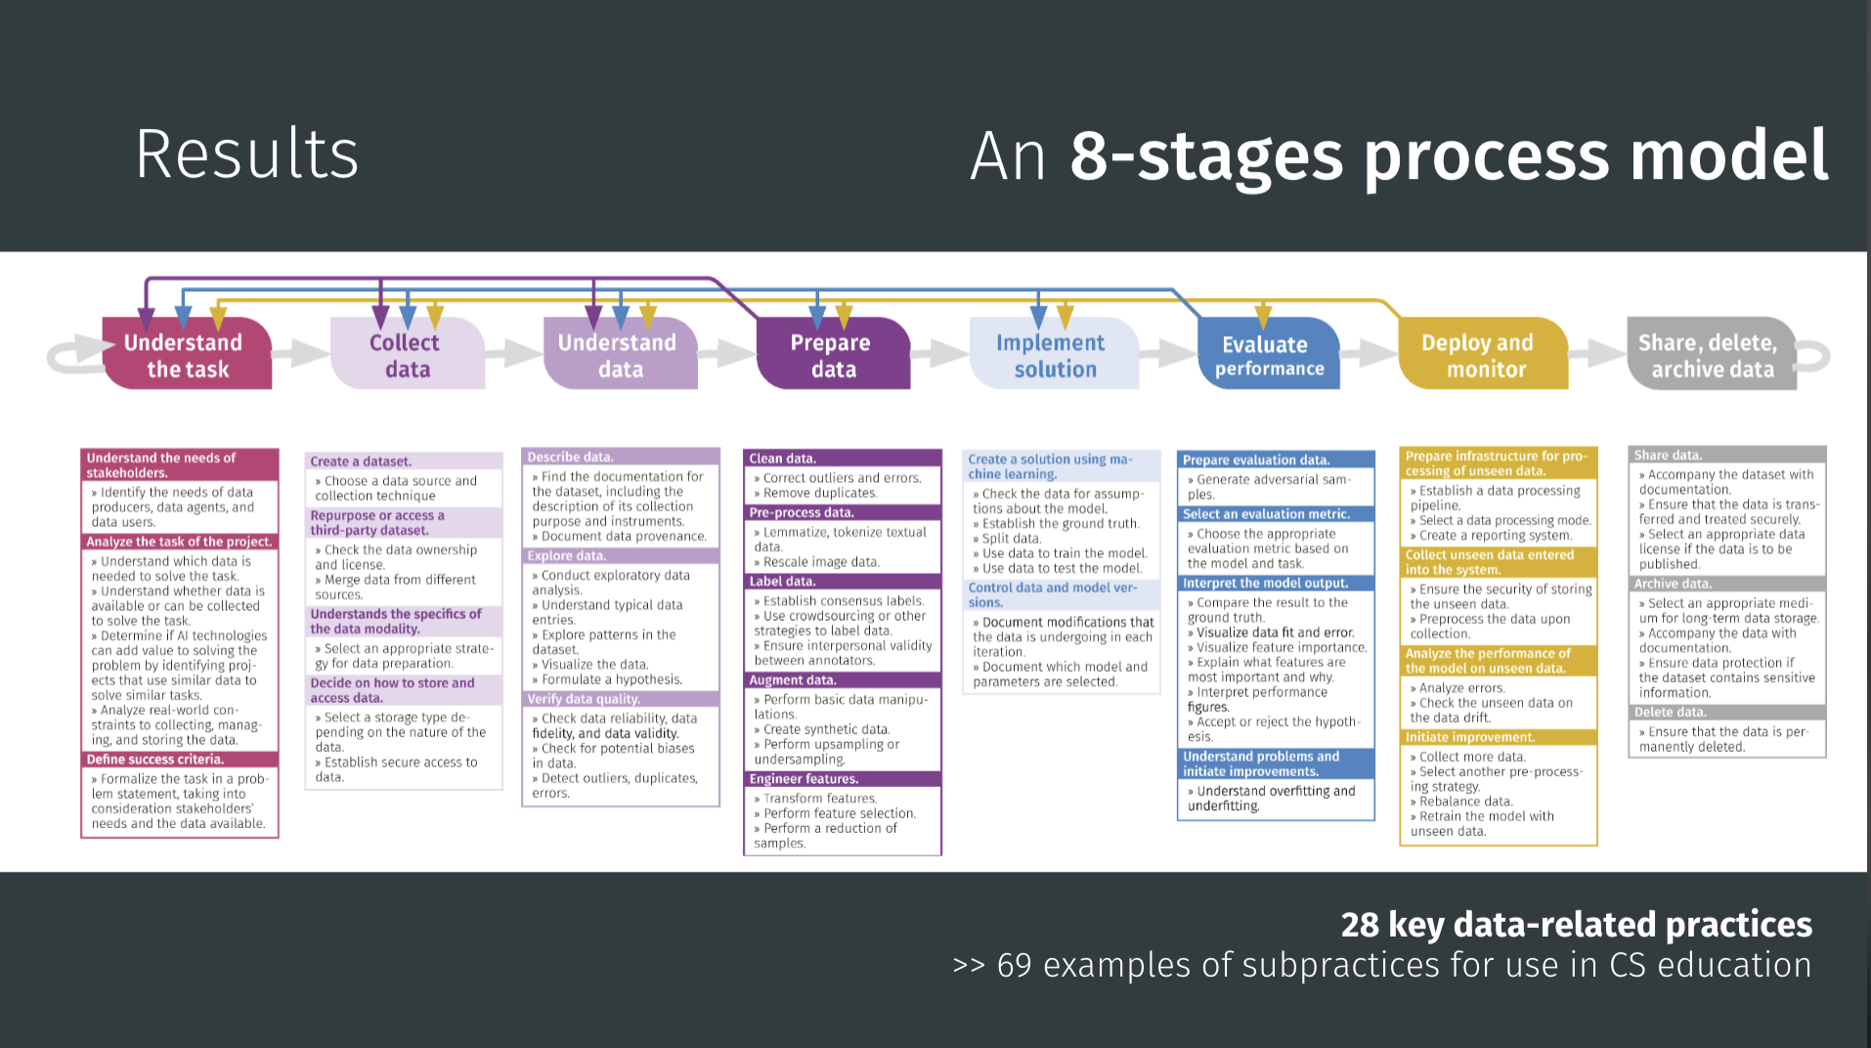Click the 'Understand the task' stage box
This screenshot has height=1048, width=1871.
(186, 356)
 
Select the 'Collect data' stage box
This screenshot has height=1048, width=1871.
(407, 356)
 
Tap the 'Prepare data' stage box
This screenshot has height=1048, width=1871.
(833, 356)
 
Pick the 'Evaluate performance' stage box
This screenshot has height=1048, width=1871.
(1268, 356)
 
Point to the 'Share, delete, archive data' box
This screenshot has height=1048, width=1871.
(1711, 356)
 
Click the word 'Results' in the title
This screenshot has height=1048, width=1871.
(247, 153)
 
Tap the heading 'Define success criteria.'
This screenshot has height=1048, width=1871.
(155, 760)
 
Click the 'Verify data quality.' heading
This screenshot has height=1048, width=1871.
(584, 699)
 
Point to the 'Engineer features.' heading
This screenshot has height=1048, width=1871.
(804, 779)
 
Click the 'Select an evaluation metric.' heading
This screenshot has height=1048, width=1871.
(1266, 514)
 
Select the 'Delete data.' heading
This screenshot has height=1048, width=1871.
(1671, 713)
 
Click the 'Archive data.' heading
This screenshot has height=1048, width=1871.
(1674, 584)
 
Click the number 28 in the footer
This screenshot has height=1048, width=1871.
(1360, 925)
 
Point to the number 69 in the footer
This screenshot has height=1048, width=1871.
(1014, 966)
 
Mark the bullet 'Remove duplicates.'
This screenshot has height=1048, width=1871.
(820, 493)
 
